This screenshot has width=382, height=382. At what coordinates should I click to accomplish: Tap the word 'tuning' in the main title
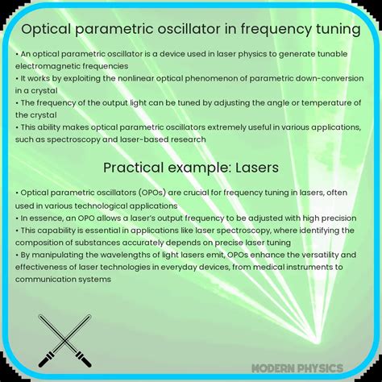[334, 30]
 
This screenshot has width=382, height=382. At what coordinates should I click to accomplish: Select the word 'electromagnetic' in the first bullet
[54, 65]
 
